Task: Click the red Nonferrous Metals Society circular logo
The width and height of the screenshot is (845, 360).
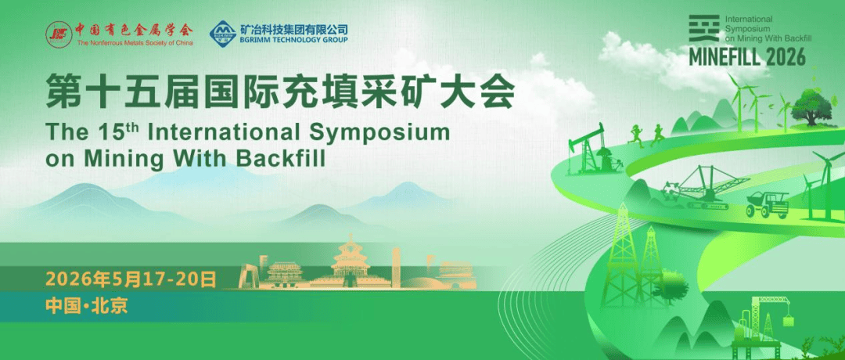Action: (59, 34)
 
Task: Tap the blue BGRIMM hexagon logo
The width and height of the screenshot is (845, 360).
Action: (223, 33)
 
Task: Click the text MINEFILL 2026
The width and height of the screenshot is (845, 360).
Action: (747, 56)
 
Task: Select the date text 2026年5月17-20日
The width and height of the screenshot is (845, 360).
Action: (131, 279)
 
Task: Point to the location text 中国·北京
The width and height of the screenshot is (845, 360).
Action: (87, 305)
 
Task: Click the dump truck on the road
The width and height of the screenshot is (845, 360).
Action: (767, 204)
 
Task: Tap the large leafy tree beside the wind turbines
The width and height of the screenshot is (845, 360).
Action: (811, 106)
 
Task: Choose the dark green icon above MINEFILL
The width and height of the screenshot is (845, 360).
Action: (704, 28)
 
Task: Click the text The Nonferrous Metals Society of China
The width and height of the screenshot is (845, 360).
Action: (135, 42)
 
